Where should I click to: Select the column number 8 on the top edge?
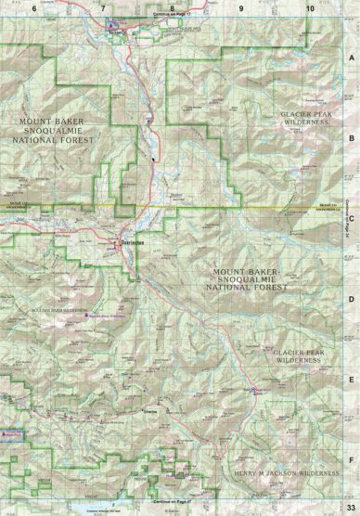(172, 7)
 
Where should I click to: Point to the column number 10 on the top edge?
(308, 7)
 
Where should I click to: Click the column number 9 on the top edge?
(240, 7)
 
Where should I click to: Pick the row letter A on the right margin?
(351, 58)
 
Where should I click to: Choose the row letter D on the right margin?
(351, 299)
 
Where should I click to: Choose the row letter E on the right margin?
(351, 379)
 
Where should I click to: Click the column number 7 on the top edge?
(103, 7)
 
